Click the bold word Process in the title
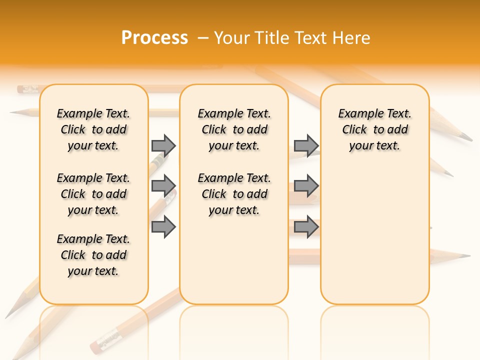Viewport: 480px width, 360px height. click(154, 38)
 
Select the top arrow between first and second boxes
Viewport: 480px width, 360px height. click(163, 145)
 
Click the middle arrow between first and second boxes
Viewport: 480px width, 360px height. click(163, 185)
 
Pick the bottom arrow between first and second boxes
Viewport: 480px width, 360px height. click(163, 226)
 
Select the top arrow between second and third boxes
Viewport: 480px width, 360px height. click(306, 145)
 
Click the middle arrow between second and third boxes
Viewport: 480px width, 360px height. click(306, 185)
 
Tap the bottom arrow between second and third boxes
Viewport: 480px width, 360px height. click(306, 226)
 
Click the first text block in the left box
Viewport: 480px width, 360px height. click(93, 129)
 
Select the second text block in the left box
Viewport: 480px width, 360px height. click(93, 194)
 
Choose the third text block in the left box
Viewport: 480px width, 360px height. click(93, 255)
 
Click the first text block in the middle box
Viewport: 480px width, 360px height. click(234, 129)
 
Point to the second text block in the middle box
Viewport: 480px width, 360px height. click(234, 194)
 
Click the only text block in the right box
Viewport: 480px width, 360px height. click(375, 129)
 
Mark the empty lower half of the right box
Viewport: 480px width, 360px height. click(375, 240)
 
